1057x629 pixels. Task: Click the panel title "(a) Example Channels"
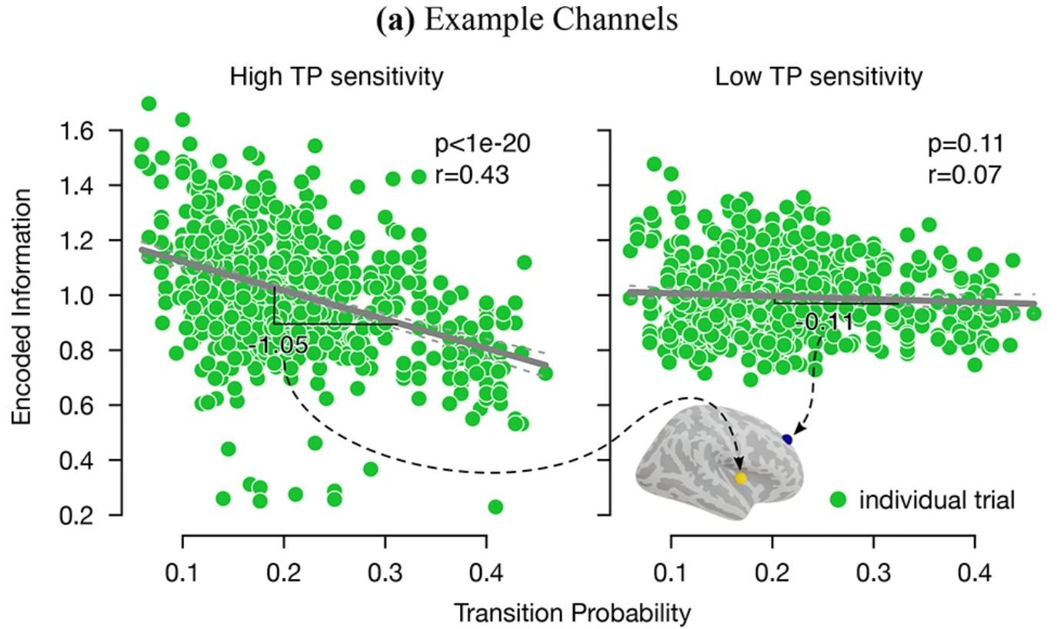528,21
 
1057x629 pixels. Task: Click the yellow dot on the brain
741,478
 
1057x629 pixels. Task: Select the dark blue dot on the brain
787,439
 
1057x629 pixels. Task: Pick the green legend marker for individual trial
839,500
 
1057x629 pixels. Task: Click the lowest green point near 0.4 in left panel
495,507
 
